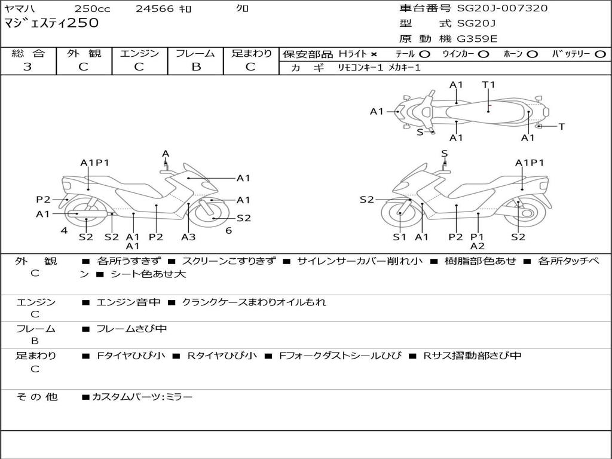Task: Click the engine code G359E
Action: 477,39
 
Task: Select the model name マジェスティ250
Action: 51,23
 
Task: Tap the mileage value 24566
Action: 155,9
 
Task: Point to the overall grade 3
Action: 27,67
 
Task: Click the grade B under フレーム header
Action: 195,67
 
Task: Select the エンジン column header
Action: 140,53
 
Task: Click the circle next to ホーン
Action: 533,54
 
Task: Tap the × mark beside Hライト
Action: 374,54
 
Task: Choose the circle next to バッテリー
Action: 600,54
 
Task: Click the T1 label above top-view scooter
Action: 488,84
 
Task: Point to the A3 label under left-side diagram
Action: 188,237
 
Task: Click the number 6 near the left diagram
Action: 228,231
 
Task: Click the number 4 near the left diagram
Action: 63,231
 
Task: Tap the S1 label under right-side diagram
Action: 399,237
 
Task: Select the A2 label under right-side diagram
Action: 477,246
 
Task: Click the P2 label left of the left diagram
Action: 43,200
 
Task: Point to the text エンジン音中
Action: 128,302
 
